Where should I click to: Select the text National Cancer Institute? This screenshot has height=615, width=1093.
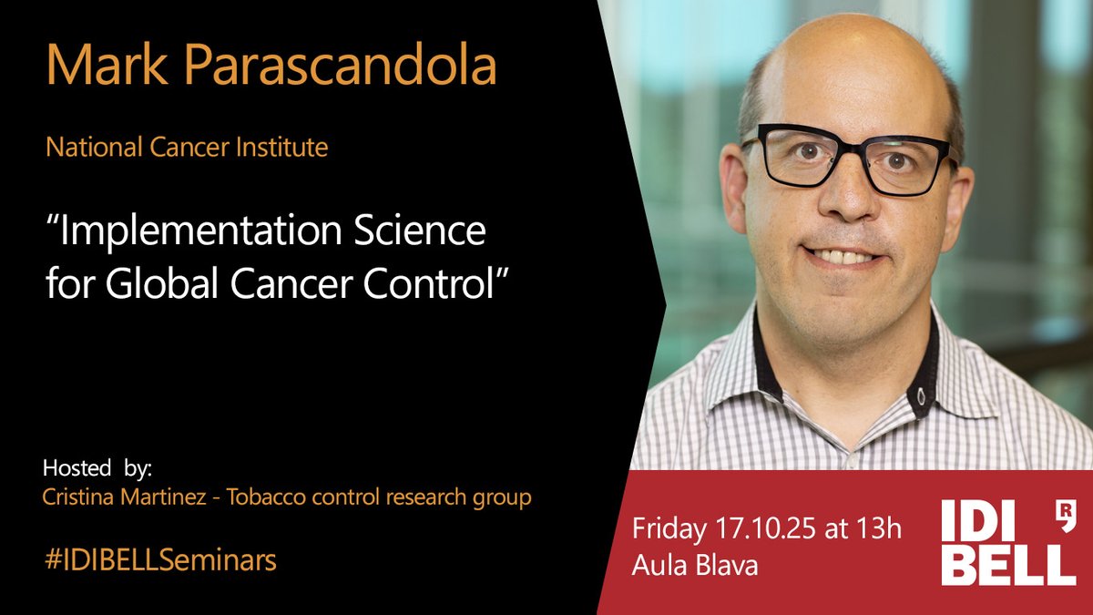click(x=187, y=148)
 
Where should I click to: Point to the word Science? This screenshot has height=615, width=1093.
click(x=432, y=233)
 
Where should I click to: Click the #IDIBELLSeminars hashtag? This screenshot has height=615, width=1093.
click(x=159, y=560)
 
